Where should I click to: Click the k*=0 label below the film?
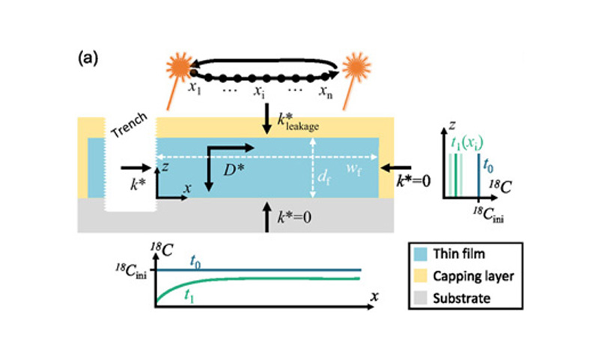(296, 218)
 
